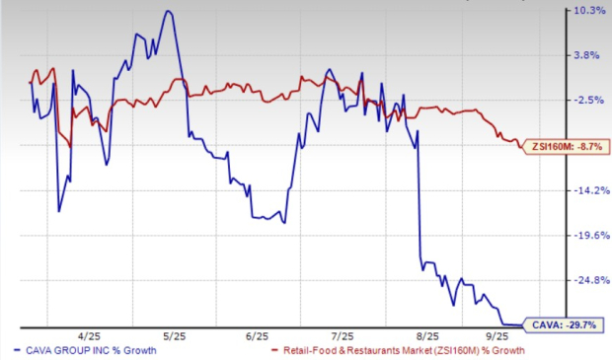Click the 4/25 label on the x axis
coord(93,335)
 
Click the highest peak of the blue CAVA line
coord(168,11)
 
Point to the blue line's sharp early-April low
coord(59,211)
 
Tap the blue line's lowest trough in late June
coord(284,223)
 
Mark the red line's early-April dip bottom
coord(70,145)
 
